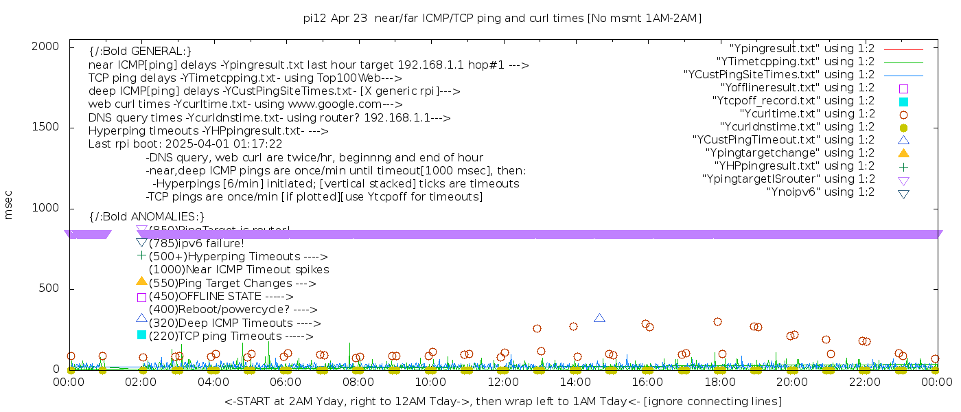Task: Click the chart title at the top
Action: click(x=502, y=19)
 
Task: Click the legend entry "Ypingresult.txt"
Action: click(x=802, y=49)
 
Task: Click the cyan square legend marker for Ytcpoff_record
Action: click(x=903, y=102)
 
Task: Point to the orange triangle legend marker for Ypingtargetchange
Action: click(x=903, y=153)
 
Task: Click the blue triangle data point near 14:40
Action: click(x=599, y=318)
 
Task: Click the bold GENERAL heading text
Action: click(x=140, y=51)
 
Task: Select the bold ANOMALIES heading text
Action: click(x=147, y=217)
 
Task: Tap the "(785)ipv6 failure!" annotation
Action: click(x=196, y=244)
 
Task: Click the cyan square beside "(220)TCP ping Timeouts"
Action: click(x=141, y=335)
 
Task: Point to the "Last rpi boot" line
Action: click(x=185, y=144)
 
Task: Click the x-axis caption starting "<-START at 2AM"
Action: click(x=503, y=401)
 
